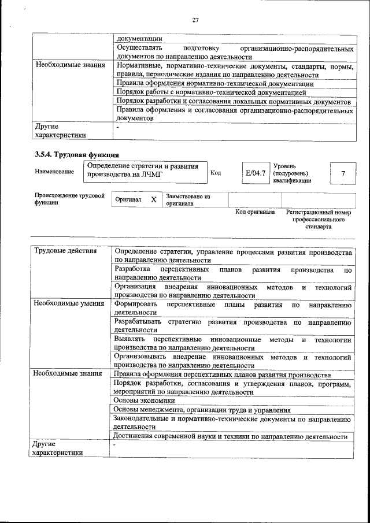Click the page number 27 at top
[x=195, y=20]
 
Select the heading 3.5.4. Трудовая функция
[x=77, y=154]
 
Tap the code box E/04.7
[x=256, y=173]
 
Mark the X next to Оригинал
[x=153, y=199]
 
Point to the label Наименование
[x=54, y=172]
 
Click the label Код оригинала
[x=255, y=212]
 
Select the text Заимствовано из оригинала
[x=187, y=200]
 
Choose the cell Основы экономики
[x=144, y=400]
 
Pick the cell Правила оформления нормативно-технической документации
[x=214, y=83]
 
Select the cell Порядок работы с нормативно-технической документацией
[x=210, y=92]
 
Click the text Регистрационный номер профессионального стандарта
[x=319, y=220]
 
